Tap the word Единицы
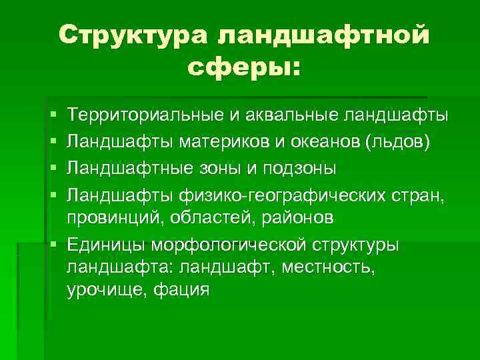(108, 245)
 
